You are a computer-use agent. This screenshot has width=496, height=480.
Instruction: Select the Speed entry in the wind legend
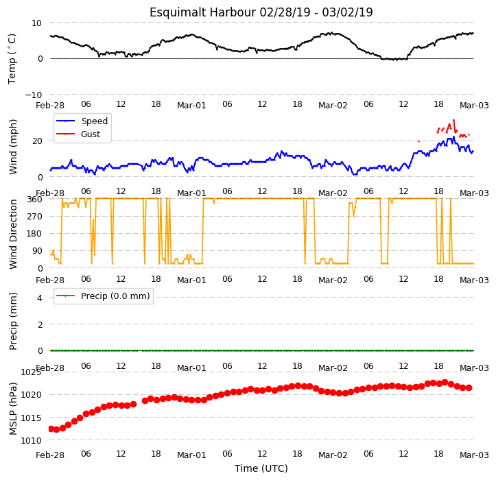point(94,121)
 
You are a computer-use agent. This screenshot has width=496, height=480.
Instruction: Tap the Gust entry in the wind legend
point(91,134)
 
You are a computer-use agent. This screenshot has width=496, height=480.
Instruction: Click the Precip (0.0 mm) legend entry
point(115,296)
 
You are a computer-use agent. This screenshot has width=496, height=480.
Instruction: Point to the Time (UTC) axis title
point(261,468)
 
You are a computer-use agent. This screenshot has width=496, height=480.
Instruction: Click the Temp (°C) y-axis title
point(12,59)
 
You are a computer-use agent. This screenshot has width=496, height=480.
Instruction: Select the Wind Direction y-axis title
point(12,235)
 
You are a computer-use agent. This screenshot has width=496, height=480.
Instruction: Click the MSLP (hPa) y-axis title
point(12,409)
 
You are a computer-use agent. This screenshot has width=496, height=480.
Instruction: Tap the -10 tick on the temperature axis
point(33,95)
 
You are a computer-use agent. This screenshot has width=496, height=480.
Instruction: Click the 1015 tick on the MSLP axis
point(32,418)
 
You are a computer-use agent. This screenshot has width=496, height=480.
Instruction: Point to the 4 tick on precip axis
point(40,298)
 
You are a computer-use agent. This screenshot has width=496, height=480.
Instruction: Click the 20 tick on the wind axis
point(37,141)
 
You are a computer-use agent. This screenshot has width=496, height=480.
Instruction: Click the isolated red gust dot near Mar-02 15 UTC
point(418,142)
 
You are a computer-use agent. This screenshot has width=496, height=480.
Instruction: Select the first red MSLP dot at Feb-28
point(51,429)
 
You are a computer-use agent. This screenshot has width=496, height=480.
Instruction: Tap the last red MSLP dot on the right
point(469,387)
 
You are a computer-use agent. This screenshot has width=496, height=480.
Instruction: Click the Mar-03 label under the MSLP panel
point(474,455)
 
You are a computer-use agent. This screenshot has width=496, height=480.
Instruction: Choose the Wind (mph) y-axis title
point(12,147)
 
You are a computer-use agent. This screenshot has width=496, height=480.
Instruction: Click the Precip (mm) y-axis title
point(12,322)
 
